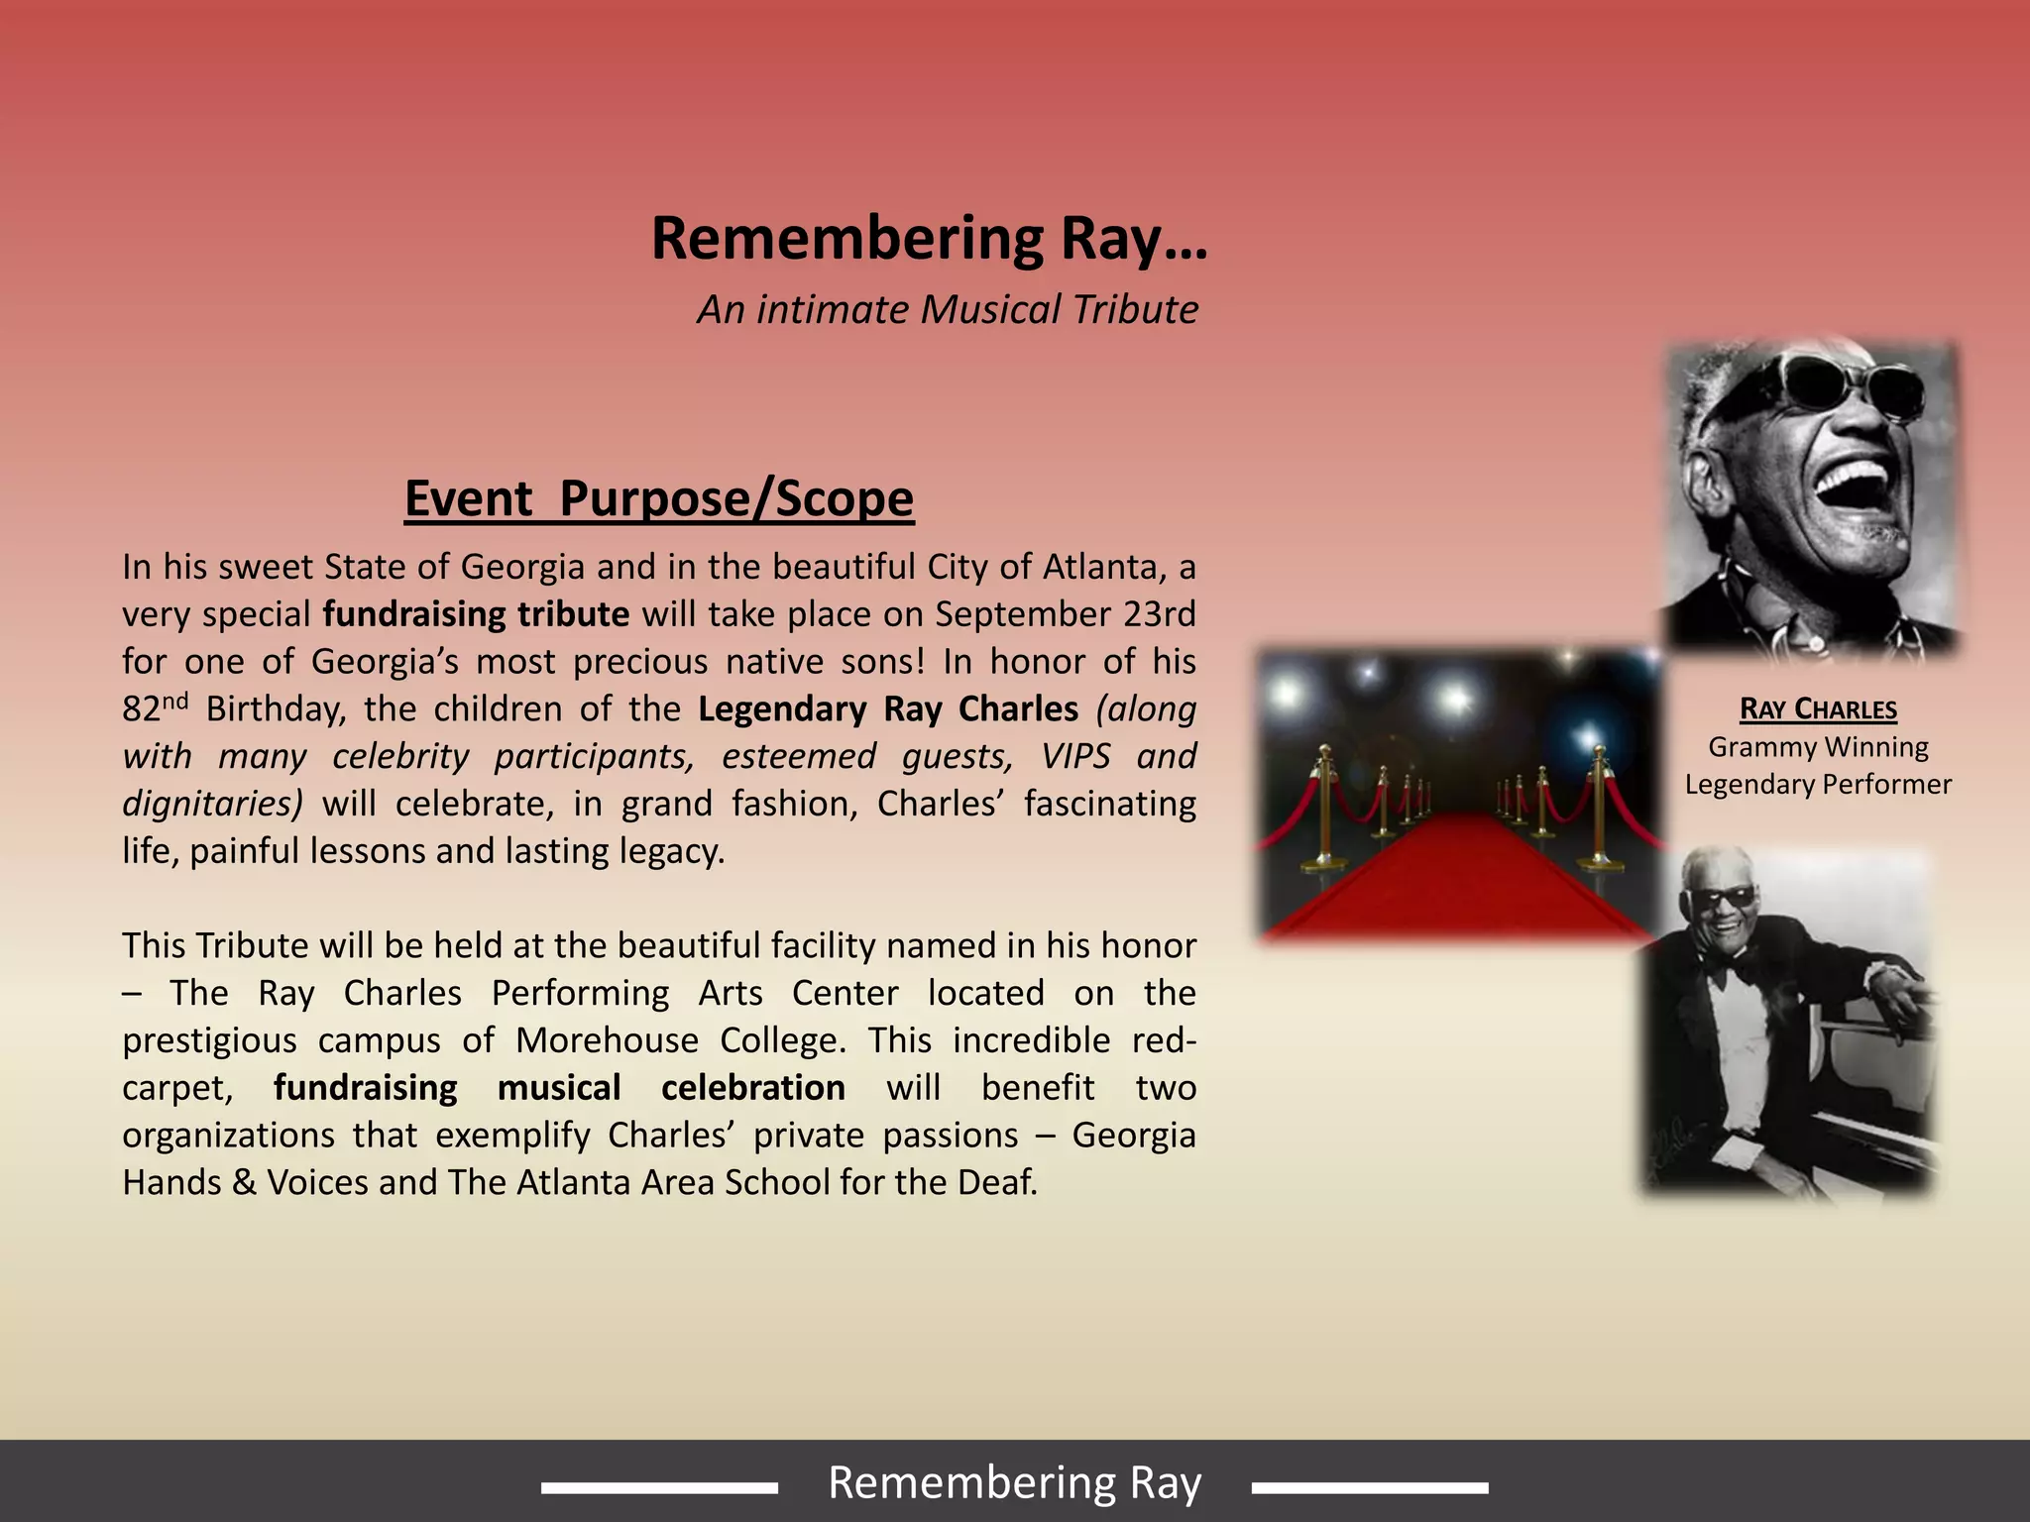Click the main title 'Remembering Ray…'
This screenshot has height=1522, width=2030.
pyautogui.click(x=929, y=239)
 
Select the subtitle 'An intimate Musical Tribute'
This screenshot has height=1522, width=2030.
pyautogui.click(x=948, y=309)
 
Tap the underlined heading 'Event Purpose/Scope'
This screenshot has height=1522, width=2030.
pyautogui.click(x=659, y=497)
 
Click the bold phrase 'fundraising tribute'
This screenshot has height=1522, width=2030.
pyautogui.click(x=476, y=614)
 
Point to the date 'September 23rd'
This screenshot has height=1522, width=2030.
pyautogui.click(x=1066, y=614)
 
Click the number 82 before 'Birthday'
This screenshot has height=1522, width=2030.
pyautogui.click(x=141, y=709)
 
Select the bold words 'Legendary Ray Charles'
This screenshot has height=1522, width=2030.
pyautogui.click(x=887, y=709)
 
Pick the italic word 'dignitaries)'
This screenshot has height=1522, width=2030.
pyautogui.click(x=212, y=804)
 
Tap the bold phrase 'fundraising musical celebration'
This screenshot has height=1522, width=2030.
pyautogui.click(x=559, y=1088)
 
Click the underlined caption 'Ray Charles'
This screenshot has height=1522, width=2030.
pyautogui.click(x=1818, y=709)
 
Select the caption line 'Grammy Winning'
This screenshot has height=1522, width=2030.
pyautogui.click(x=1818, y=747)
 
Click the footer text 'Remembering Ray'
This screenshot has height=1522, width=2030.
pyautogui.click(x=1014, y=1483)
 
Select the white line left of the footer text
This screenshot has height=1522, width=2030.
pyautogui.click(x=659, y=1487)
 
